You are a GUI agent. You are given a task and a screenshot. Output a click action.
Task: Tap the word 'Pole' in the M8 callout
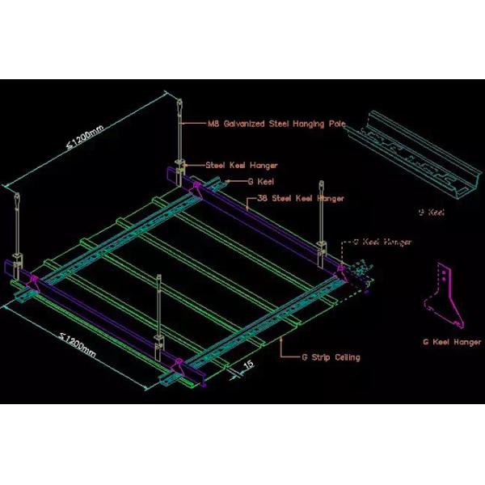(x=337, y=124)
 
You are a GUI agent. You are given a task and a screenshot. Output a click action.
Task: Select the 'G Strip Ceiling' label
(x=331, y=356)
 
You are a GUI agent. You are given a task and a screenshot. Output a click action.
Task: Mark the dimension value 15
(x=248, y=365)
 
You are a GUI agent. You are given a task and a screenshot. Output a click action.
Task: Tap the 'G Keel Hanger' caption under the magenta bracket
(x=452, y=342)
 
